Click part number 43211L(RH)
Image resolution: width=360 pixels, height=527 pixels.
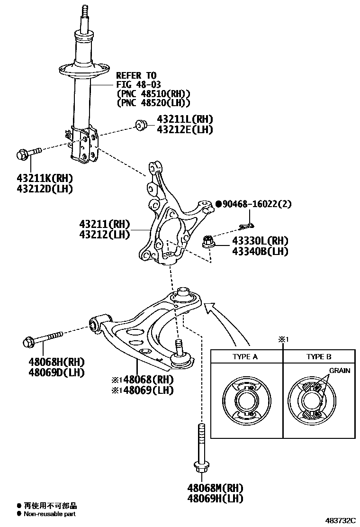(x=178, y=119)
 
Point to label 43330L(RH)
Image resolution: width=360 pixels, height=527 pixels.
(x=260, y=241)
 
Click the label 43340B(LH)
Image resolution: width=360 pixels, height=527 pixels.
(x=260, y=251)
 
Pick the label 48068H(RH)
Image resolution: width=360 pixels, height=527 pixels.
(x=55, y=362)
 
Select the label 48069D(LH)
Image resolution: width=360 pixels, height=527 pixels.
(x=55, y=372)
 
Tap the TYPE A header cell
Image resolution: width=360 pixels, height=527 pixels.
(x=246, y=357)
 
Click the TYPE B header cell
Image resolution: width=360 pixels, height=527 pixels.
(x=319, y=357)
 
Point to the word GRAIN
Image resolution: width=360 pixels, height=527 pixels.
(x=340, y=371)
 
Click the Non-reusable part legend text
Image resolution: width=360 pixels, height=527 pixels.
(x=50, y=514)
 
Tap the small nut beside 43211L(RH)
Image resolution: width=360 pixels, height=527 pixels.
(x=141, y=126)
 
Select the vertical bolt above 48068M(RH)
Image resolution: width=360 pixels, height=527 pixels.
(x=201, y=448)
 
